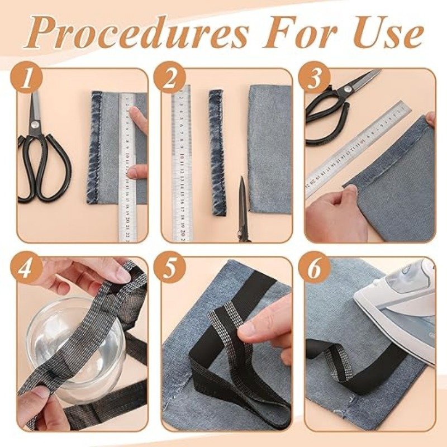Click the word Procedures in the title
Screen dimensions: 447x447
[136, 32]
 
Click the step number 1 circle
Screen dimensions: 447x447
[26, 77]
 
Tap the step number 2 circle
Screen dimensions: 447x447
[169, 77]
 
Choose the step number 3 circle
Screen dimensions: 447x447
[315, 77]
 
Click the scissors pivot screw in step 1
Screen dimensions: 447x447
[35, 124]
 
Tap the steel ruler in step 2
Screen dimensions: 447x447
[182, 163]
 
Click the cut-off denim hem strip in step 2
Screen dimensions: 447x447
[217, 152]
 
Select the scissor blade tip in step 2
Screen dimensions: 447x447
[242, 177]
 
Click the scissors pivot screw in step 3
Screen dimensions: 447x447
[348, 90]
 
